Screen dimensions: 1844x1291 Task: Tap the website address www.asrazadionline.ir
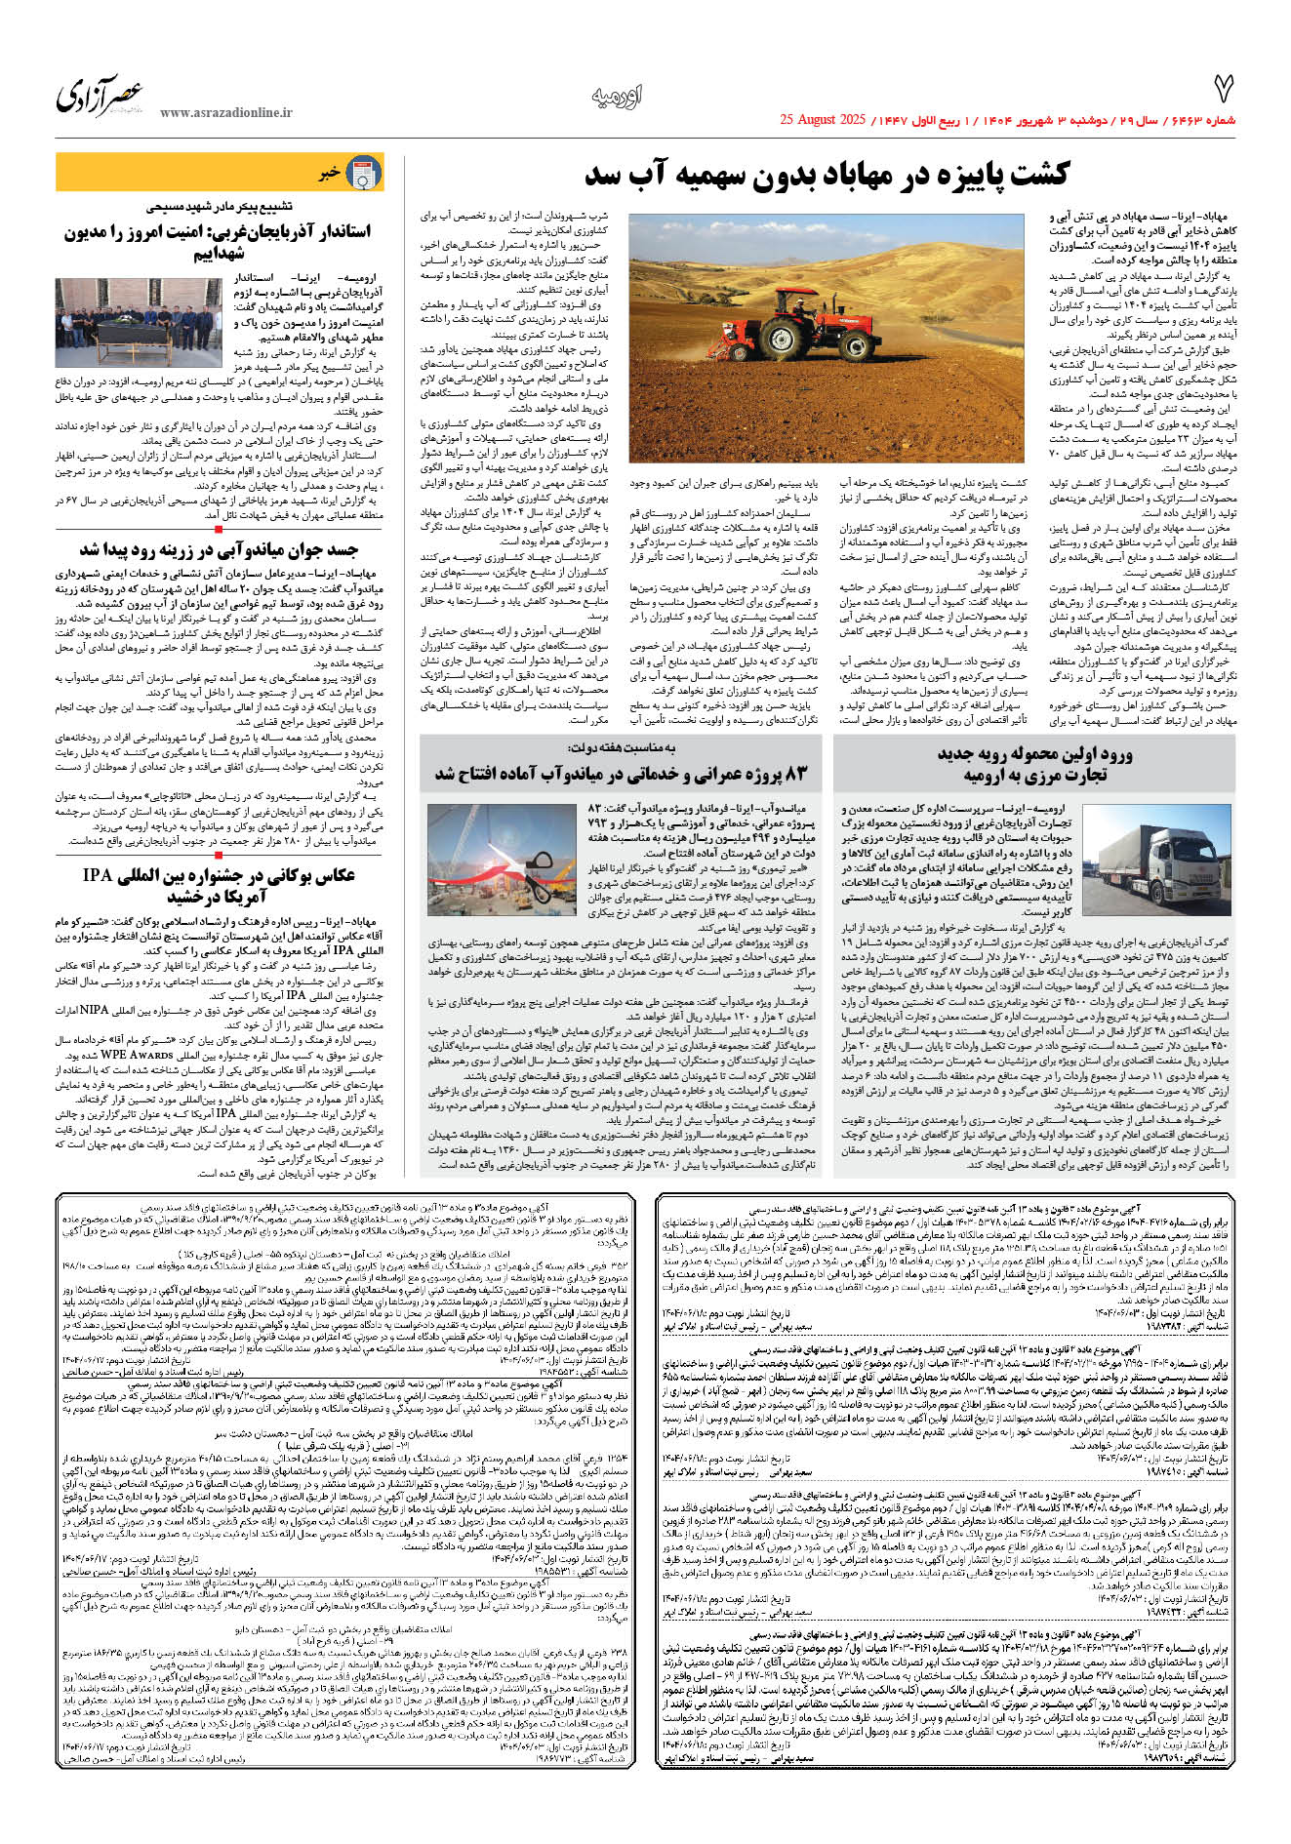click(x=225, y=113)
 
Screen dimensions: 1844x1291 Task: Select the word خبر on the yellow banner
click(x=329, y=175)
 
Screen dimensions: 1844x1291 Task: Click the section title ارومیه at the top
click(x=617, y=97)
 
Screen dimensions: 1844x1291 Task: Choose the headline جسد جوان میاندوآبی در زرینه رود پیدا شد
click(x=219, y=549)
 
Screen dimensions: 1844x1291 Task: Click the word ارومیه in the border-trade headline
click(x=988, y=776)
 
